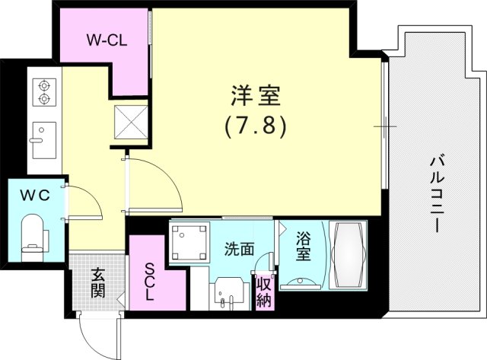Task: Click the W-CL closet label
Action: pos(107,40)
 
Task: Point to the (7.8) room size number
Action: pos(255,126)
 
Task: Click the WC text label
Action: pos(35,194)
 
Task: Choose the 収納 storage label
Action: pos(263,290)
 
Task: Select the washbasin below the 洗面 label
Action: pos(228,292)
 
